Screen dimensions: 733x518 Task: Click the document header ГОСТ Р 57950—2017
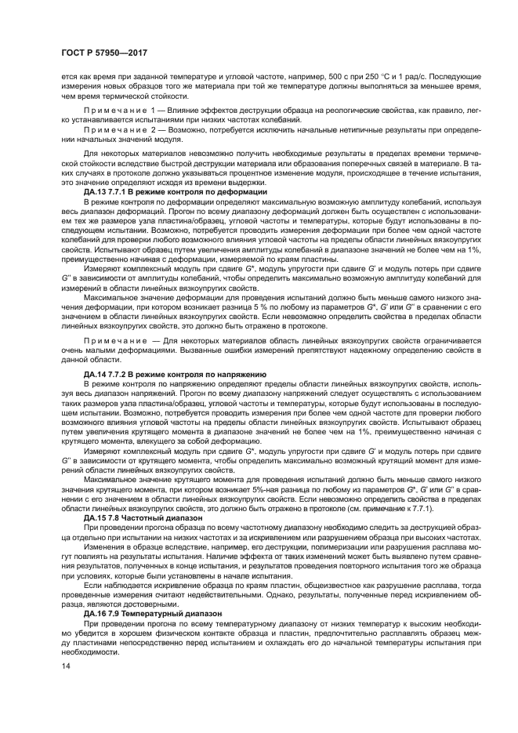click(104, 54)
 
